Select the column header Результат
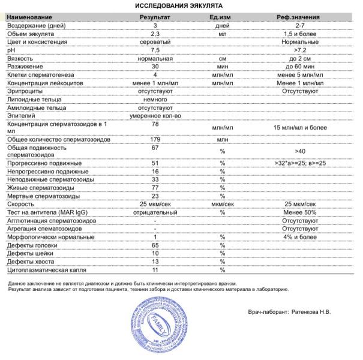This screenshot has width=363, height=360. [x=155, y=19]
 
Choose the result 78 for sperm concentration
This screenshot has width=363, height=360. [x=155, y=123]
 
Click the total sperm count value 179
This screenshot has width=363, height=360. [x=155, y=139]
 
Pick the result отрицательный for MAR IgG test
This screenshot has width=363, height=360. [x=155, y=212]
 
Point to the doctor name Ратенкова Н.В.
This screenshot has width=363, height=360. [x=311, y=311]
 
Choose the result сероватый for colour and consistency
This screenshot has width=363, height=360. [x=155, y=43]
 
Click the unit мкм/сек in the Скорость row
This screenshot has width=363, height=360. [x=222, y=204]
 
